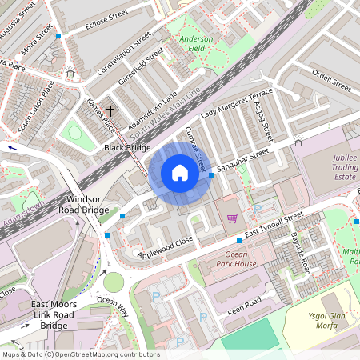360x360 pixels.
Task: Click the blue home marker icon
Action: tap(180, 172)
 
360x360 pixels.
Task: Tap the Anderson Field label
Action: tap(196, 43)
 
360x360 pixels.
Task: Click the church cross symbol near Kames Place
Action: tap(110, 111)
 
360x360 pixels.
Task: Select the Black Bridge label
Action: tap(126, 148)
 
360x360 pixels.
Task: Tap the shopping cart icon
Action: tap(232, 218)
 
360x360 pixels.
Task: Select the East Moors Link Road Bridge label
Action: tap(54, 315)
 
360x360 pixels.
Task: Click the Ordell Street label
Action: tap(332, 82)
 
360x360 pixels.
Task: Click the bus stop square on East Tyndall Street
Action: tap(239, 240)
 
